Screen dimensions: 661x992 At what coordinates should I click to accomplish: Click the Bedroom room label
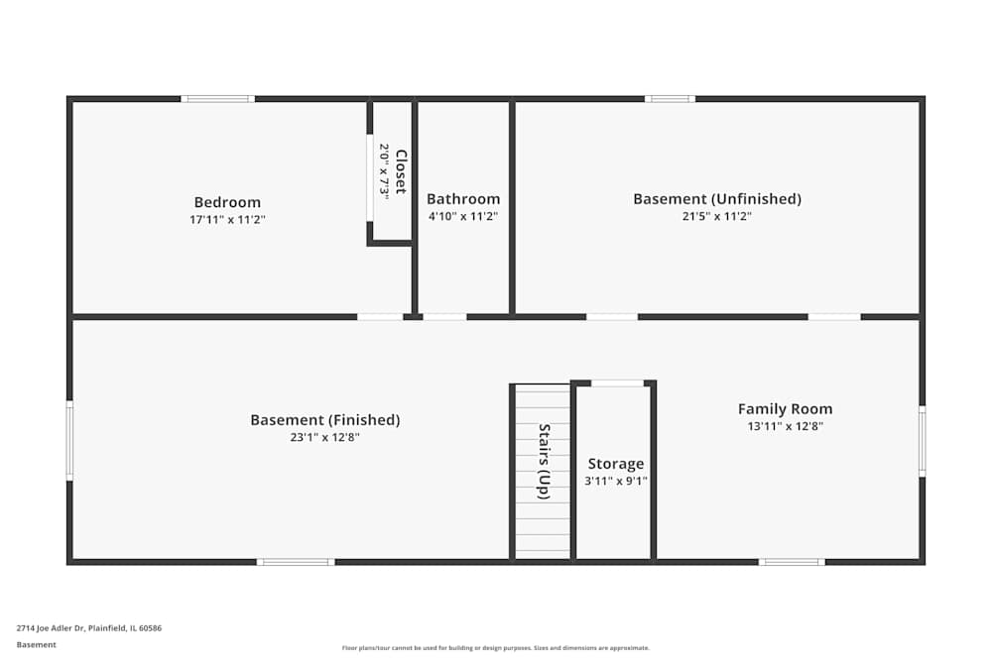[227, 202]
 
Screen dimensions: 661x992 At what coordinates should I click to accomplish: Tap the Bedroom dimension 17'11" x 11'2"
[227, 220]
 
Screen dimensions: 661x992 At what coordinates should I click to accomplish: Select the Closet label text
[401, 171]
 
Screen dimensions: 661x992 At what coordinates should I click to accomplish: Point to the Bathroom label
[463, 199]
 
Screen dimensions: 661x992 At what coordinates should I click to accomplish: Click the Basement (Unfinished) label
[717, 199]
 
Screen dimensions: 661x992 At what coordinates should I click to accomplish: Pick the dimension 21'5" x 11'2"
[717, 216]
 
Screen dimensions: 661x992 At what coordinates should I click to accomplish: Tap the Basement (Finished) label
[324, 420]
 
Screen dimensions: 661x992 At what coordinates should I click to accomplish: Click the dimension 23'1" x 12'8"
[324, 437]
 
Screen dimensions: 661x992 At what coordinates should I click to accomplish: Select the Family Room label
[785, 408]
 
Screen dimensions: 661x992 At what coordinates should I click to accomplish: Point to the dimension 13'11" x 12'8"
[785, 426]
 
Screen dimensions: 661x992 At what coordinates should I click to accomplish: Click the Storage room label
[615, 464]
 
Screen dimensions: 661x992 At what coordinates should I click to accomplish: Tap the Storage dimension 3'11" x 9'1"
[615, 481]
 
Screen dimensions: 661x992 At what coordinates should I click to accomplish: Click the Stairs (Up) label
[544, 461]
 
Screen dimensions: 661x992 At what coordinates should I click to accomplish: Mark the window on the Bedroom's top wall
[217, 99]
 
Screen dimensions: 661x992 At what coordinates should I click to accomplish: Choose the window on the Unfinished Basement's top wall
[670, 99]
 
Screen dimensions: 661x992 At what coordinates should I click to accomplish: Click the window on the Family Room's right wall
[922, 441]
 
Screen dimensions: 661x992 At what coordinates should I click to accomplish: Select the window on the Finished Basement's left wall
[69, 440]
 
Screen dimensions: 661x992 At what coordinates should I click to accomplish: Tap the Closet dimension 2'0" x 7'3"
[383, 171]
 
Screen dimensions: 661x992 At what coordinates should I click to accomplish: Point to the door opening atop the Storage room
[616, 383]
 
